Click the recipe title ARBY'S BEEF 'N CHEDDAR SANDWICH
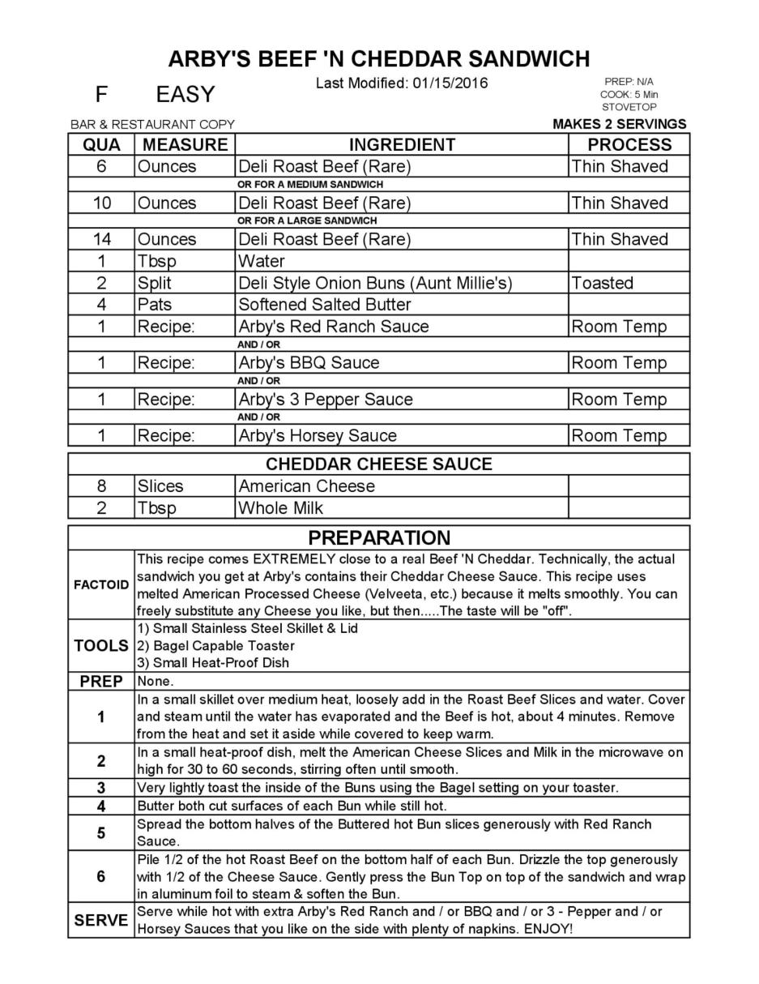tap(379, 59)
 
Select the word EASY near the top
tap(185, 95)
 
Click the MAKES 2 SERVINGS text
tap(619, 124)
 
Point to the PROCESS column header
tap(629, 145)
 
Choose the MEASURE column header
tap(185, 145)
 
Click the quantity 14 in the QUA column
tap(101, 239)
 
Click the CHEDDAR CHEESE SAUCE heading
tap(379, 464)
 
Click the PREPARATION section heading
tap(379, 538)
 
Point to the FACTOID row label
tap(101, 585)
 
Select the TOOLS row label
tap(101, 646)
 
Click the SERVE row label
tap(101, 921)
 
